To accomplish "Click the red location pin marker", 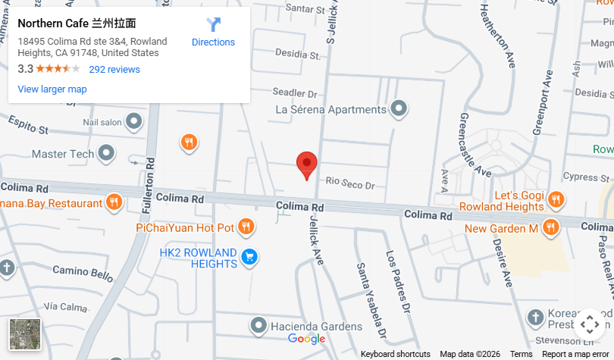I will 306,164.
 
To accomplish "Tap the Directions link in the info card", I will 213,42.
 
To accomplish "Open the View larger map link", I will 52,89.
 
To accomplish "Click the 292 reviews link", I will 114,70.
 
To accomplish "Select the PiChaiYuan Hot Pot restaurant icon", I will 246,227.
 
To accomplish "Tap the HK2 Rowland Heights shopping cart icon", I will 249,258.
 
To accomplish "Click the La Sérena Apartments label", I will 330,109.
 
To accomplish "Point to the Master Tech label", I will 63,154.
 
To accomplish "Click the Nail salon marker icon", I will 134,121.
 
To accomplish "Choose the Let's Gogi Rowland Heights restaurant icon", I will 556,200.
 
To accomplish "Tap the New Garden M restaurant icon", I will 550,227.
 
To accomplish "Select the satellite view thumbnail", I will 26,334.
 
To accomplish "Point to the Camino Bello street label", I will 82,271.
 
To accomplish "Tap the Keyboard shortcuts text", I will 395,354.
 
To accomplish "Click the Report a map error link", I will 575,354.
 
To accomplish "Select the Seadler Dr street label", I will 295,92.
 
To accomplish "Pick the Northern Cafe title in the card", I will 77,23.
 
